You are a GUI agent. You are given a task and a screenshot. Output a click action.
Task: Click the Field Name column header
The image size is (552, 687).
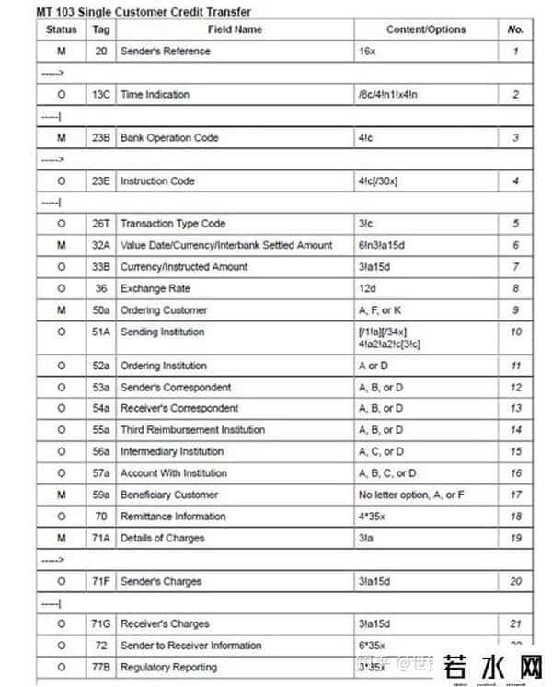[235, 29]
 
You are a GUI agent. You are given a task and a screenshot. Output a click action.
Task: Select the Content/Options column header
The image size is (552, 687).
[425, 29]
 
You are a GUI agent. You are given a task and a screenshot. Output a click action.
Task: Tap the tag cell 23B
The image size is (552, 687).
[101, 138]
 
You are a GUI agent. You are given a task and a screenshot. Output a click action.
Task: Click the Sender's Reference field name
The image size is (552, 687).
[166, 52]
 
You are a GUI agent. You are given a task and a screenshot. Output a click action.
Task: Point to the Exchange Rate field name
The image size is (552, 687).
[155, 288]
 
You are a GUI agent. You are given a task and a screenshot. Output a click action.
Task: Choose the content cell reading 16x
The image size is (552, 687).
[367, 52]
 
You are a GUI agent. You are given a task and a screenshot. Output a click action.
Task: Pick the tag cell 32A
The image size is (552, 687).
[101, 245]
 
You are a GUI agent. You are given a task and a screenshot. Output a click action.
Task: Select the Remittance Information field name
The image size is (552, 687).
[173, 517]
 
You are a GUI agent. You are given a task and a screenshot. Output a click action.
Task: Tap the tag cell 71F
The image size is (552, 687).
[101, 581]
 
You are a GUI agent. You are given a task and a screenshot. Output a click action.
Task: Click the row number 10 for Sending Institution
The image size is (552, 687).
[515, 332]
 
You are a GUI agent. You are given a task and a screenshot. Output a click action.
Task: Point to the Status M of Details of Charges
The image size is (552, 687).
[62, 538]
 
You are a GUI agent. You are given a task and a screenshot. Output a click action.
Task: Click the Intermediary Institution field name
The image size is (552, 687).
[171, 451]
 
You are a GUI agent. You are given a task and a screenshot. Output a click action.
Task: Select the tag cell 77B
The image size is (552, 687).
[101, 667]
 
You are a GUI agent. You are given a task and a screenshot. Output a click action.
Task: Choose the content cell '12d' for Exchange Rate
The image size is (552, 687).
[367, 288]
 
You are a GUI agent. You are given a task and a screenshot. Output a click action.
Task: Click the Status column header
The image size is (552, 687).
[62, 29]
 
